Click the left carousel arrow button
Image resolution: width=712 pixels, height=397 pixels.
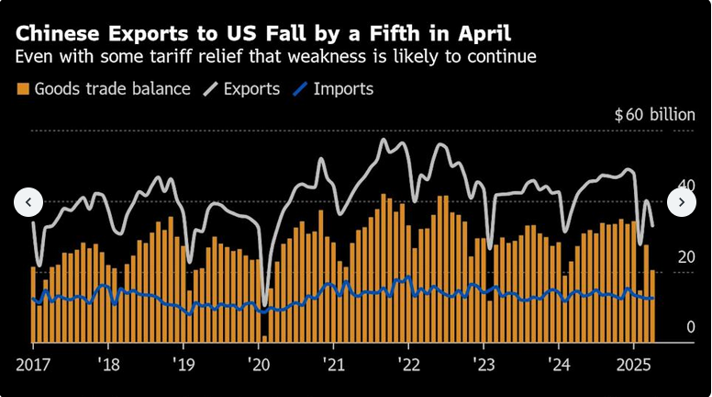[28, 201]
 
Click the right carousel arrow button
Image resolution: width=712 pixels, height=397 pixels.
[682, 201]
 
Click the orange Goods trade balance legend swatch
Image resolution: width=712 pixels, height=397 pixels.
[23, 89]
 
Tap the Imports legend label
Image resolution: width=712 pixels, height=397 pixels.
[343, 89]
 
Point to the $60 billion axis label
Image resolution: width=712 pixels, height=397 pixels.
[654, 115]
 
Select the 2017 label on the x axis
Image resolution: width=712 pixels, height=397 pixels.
[32, 363]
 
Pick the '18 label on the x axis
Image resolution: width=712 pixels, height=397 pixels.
[107, 363]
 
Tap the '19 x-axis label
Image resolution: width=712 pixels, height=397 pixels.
[183, 363]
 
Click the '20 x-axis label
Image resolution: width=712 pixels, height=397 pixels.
[258, 363]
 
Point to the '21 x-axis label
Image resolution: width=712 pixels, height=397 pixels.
[333, 363]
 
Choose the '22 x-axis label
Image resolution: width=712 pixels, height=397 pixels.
[408, 363]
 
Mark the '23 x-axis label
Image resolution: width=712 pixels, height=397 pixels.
[484, 363]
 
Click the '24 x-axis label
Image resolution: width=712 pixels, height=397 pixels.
[559, 363]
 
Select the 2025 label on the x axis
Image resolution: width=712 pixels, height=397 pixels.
[635, 363]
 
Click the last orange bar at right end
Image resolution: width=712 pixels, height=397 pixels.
[652, 304]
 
